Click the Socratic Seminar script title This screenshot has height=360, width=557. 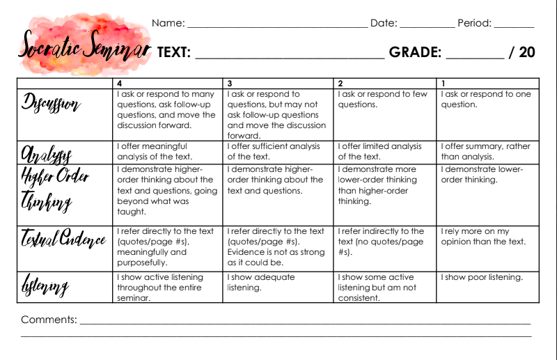coord(84,47)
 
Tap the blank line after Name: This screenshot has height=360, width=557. coord(277,26)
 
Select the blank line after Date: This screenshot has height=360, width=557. coord(427,26)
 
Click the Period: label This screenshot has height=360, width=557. coord(474,23)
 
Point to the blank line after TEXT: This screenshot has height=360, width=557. coord(289,56)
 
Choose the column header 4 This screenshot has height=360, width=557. coord(120,83)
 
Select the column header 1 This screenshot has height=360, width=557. coord(444,83)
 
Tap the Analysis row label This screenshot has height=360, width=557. coord(46,153)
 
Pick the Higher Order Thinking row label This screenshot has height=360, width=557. coord(55,188)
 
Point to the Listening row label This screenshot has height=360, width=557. coord(45,285)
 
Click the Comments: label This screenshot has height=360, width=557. coord(49,320)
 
